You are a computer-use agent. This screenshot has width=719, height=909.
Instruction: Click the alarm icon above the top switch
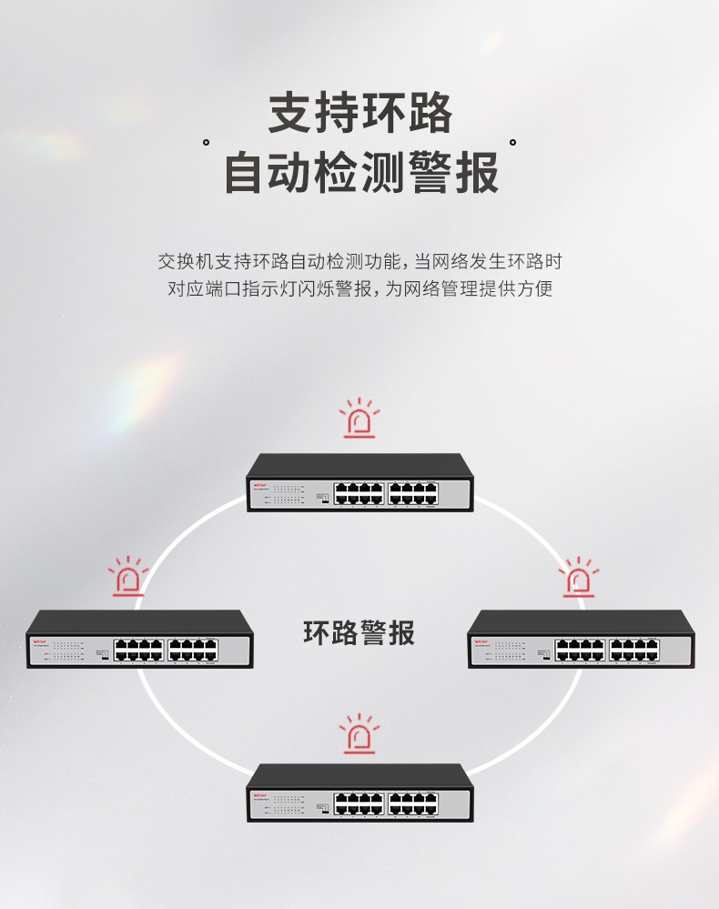[359, 420]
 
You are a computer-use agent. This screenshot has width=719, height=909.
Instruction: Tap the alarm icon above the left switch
[128, 579]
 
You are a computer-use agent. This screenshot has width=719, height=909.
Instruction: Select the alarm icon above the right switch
[577, 579]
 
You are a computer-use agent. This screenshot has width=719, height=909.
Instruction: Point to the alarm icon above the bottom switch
[359, 735]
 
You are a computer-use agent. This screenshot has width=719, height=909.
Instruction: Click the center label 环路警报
[359, 632]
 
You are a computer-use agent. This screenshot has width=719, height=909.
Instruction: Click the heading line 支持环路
[359, 115]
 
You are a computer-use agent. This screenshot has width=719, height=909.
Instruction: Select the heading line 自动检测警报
[359, 172]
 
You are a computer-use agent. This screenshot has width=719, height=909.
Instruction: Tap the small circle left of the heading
[207, 143]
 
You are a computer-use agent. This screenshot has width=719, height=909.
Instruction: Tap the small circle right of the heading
[512, 143]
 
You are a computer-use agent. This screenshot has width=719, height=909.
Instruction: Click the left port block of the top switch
[359, 493]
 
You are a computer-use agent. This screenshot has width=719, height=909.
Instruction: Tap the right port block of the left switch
[193, 650]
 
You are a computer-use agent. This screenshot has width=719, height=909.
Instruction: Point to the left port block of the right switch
[581, 650]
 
